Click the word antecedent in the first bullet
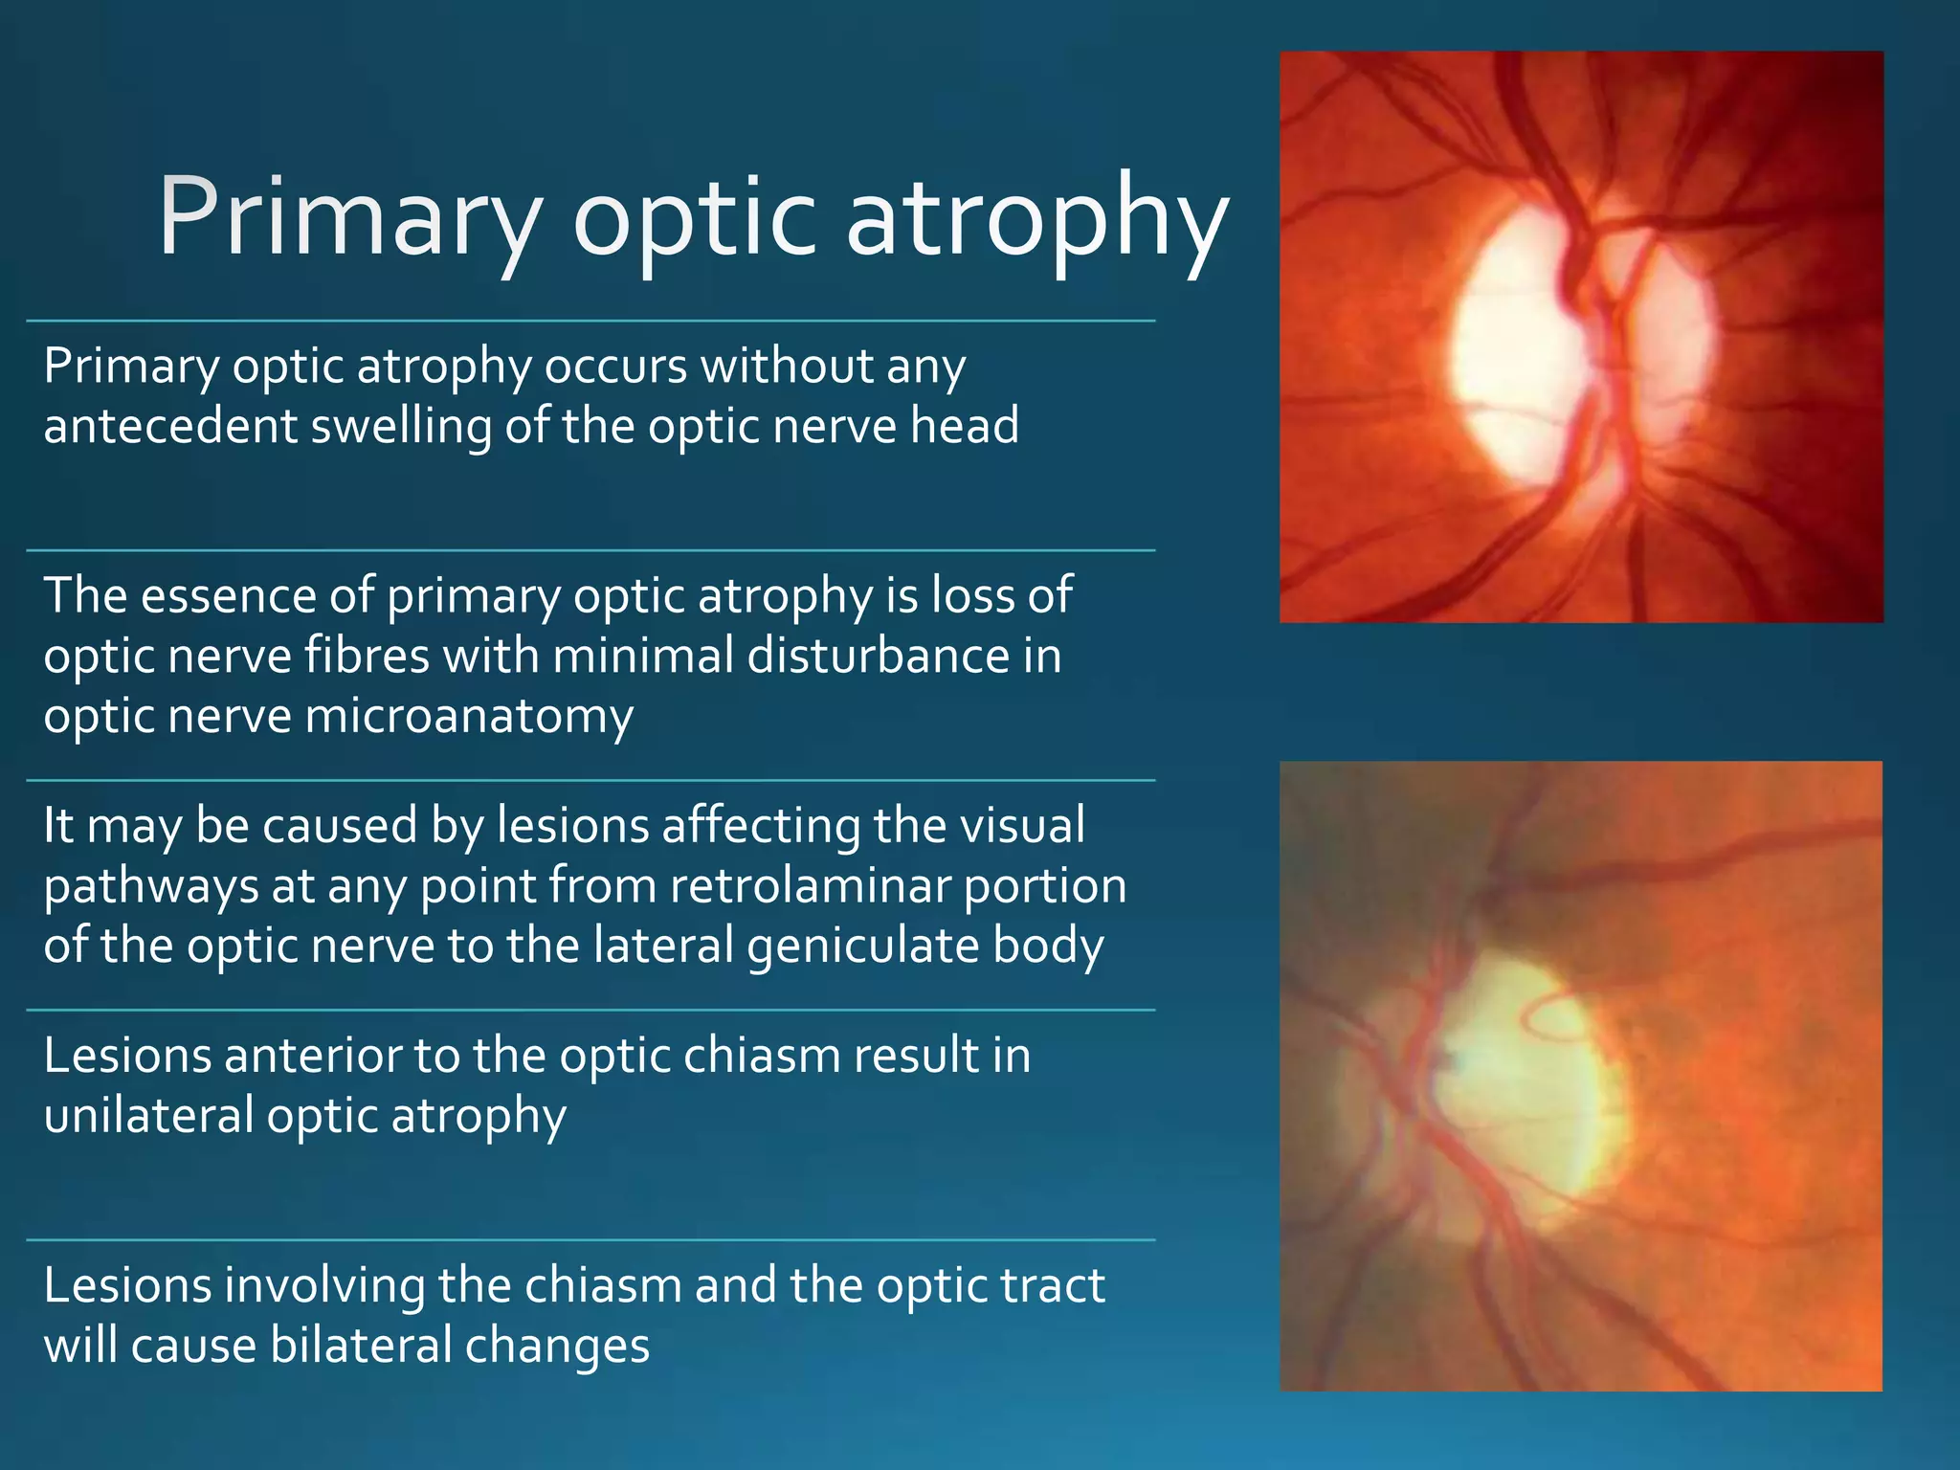point(170,426)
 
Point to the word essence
point(230,596)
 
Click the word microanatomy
point(469,718)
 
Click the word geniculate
point(863,947)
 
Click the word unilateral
point(148,1116)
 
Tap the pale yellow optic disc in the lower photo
point(1522,1091)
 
